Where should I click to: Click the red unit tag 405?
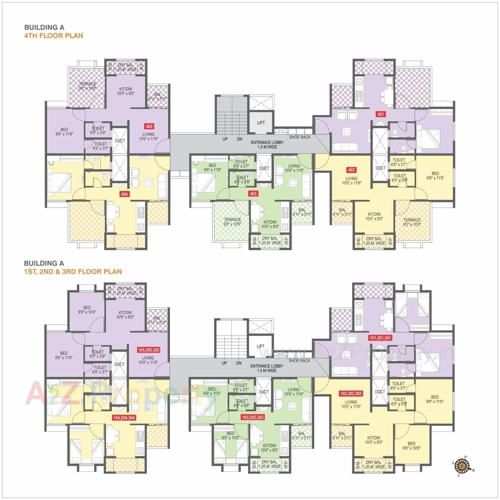coord(149,126)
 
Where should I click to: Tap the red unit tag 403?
coord(253,193)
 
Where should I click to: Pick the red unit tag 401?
coord(380,114)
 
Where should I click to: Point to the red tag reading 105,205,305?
coord(148,350)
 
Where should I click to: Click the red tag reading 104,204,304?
coord(124,418)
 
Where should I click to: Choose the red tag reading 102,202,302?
coord(351,394)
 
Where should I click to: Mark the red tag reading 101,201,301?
coord(380,337)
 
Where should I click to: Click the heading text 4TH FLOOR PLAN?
coord(54,36)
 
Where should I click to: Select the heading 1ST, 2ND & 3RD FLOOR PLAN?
coord(73,271)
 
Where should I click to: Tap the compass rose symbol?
coord(463,466)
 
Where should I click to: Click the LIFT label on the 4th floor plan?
coord(261,123)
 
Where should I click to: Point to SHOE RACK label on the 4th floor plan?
coord(300,137)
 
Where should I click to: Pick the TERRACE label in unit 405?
coord(87,84)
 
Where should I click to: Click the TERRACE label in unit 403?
coord(232,220)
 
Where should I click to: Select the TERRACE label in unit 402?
coord(412,220)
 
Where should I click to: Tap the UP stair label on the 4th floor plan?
coord(225,139)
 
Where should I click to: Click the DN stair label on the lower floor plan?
coord(239,363)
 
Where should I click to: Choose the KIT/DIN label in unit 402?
coord(374,214)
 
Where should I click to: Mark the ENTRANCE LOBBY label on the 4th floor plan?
coord(267,143)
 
